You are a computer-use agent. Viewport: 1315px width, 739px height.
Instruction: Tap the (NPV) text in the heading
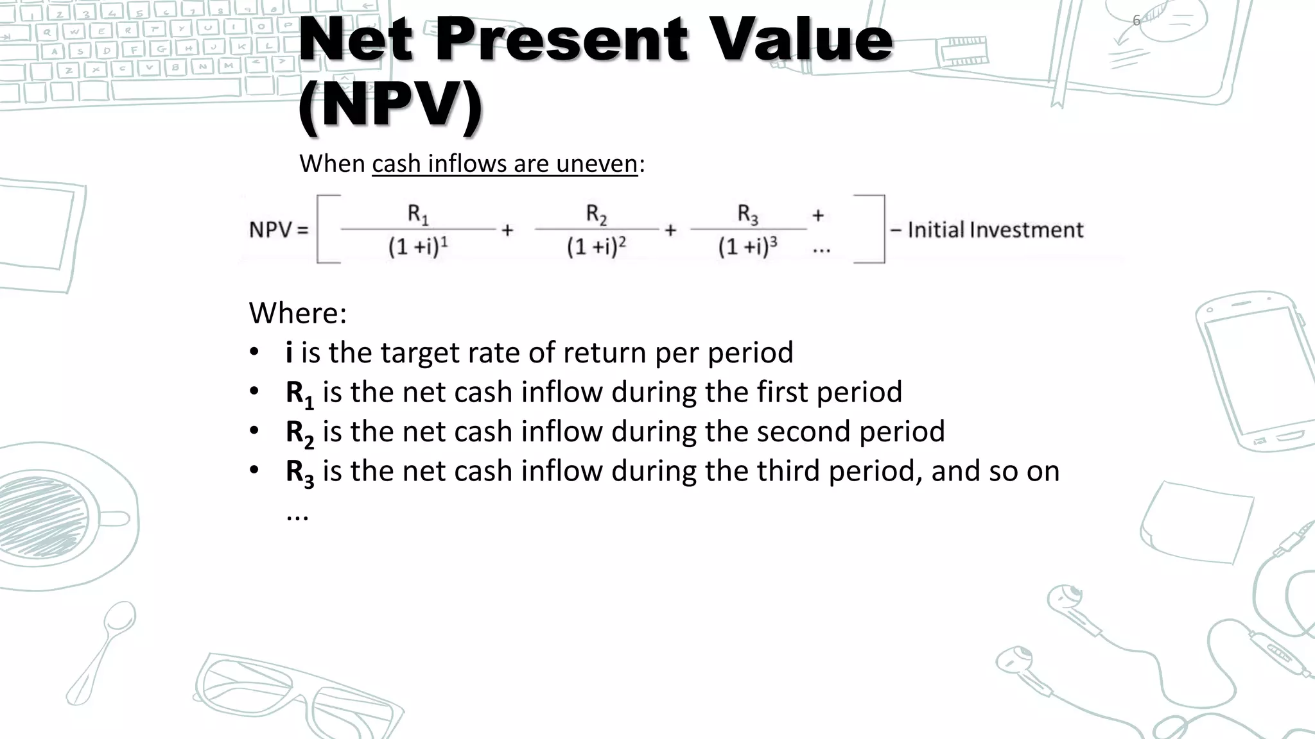[390, 105]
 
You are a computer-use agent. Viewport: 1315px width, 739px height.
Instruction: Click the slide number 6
[1136, 21]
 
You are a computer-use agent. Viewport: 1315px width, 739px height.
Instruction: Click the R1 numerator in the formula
[418, 214]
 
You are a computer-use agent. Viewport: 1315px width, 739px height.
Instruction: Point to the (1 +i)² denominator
[597, 246]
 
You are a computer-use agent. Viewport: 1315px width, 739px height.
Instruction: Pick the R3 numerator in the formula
[747, 214]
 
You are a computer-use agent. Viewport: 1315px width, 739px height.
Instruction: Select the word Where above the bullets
[297, 313]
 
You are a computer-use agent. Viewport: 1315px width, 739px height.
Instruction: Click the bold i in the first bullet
[289, 352]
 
